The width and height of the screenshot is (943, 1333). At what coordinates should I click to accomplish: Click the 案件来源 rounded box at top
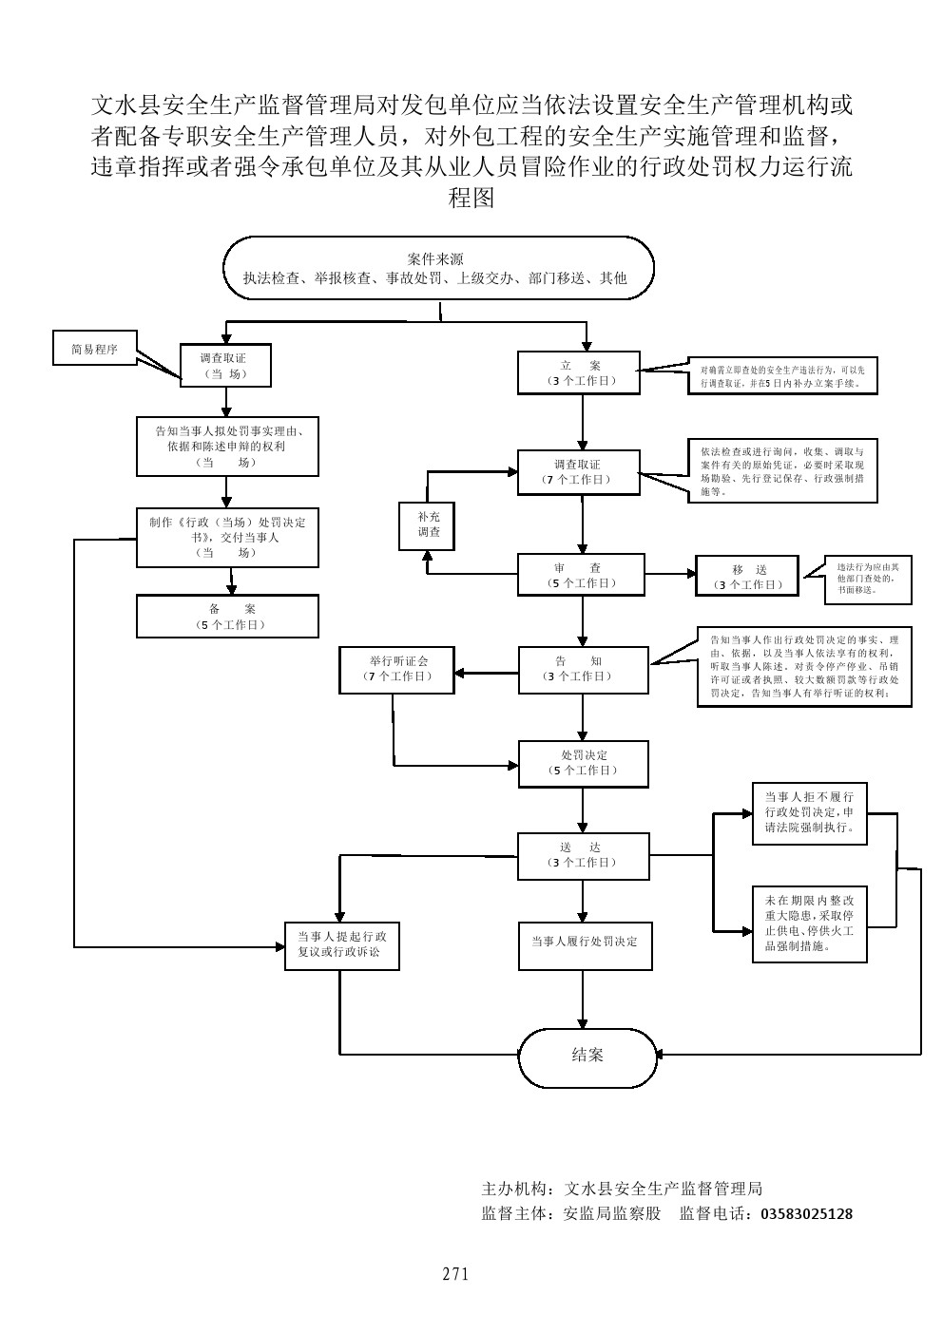[438, 268]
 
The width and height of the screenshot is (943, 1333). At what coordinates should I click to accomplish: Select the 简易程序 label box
[95, 349]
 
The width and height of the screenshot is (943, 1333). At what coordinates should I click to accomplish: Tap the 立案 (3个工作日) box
[579, 372]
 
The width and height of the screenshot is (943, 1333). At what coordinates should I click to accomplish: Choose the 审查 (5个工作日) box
[581, 576]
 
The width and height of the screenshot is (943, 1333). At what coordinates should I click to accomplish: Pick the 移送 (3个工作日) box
[747, 577]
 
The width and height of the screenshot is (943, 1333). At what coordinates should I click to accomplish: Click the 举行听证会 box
[397, 669]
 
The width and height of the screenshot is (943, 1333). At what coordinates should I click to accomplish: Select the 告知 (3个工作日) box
[583, 669]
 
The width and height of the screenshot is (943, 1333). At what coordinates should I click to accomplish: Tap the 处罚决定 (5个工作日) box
[583, 763]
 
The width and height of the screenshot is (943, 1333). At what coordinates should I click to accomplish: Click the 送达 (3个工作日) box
[583, 855]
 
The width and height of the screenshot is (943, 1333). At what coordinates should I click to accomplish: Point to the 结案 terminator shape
[587, 1055]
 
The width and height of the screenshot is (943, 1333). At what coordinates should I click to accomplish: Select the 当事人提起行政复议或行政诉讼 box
[342, 944]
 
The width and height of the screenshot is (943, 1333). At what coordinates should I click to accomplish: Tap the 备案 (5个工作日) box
[227, 617]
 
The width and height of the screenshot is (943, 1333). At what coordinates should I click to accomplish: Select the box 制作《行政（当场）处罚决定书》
[227, 538]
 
